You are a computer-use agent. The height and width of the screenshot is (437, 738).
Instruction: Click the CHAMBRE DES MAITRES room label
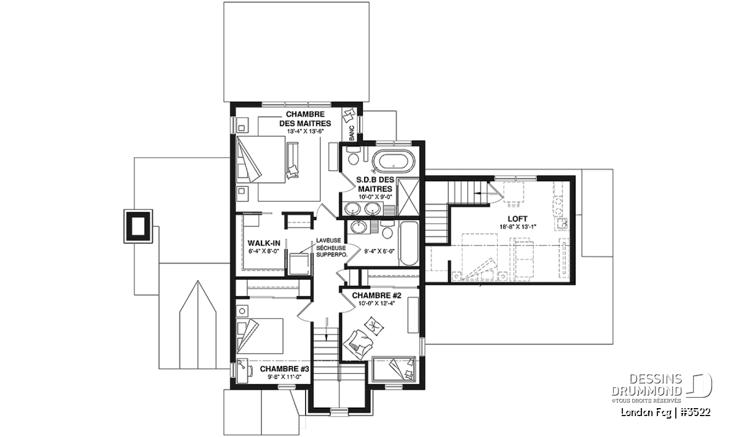[x=305, y=119]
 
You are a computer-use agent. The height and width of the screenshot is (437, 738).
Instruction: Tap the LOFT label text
[x=517, y=219]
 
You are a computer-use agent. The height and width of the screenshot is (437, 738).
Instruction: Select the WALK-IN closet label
[x=264, y=243]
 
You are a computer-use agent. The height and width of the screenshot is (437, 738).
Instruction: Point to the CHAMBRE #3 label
[x=285, y=369]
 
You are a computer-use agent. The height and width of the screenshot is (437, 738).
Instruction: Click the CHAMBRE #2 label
[x=376, y=296]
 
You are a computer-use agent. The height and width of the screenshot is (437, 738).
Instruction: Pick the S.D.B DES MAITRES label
[x=375, y=184]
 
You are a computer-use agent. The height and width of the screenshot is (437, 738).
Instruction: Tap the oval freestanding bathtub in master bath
[x=393, y=162]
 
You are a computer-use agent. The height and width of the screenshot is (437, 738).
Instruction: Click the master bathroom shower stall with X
[x=408, y=197]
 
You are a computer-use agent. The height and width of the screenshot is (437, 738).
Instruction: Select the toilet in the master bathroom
[x=354, y=157]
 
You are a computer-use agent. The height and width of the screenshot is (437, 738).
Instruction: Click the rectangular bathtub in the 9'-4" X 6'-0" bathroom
[x=409, y=243]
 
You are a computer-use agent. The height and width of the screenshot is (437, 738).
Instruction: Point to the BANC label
[x=352, y=133]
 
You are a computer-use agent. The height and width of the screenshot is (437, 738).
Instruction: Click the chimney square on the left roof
[x=138, y=226]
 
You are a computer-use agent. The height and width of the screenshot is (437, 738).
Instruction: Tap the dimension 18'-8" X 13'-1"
[x=518, y=227]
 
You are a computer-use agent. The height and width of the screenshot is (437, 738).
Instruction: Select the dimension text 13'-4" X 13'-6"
[x=306, y=131]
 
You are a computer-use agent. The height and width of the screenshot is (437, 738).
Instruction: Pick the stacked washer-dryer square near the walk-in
[x=299, y=264]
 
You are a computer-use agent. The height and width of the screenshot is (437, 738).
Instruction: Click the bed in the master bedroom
[x=261, y=159]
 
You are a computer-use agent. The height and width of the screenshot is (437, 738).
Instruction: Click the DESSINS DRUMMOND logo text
[x=646, y=385]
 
